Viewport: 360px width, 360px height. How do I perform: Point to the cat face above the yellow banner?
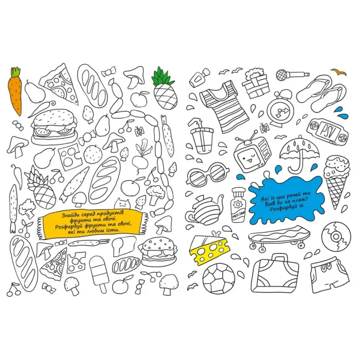[122, 204]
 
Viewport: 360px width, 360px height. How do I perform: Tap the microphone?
[292, 75]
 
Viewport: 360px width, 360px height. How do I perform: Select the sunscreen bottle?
[238, 205]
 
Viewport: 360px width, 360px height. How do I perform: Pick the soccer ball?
[219, 278]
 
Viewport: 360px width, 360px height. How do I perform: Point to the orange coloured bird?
[338, 71]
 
